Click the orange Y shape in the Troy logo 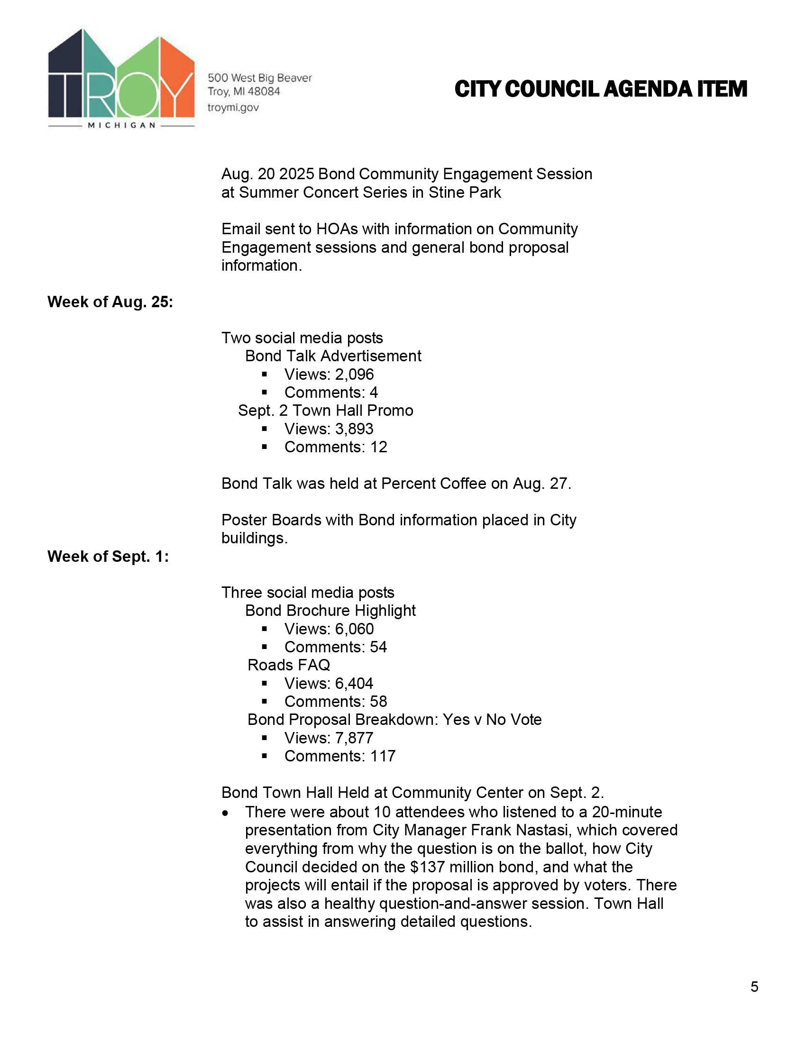pyautogui.click(x=177, y=81)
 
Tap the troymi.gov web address pyautogui.click(x=233, y=108)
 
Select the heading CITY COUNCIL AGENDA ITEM pyautogui.click(x=601, y=89)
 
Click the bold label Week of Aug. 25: pyautogui.click(x=110, y=302)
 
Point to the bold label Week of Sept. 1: pyautogui.click(x=108, y=557)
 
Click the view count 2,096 pyautogui.click(x=354, y=375)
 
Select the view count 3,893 pyautogui.click(x=354, y=429)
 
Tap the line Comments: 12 pyautogui.click(x=336, y=447)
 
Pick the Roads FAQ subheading pyautogui.click(x=288, y=665)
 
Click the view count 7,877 pyautogui.click(x=354, y=738)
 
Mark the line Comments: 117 pyautogui.click(x=339, y=756)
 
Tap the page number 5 pyautogui.click(x=754, y=987)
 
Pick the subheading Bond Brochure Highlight pyautogui.click(x=330, y=610)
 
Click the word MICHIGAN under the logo pyautogui.click(x=122, y=125)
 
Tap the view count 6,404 pyautogui.click(x=354, y=683)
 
